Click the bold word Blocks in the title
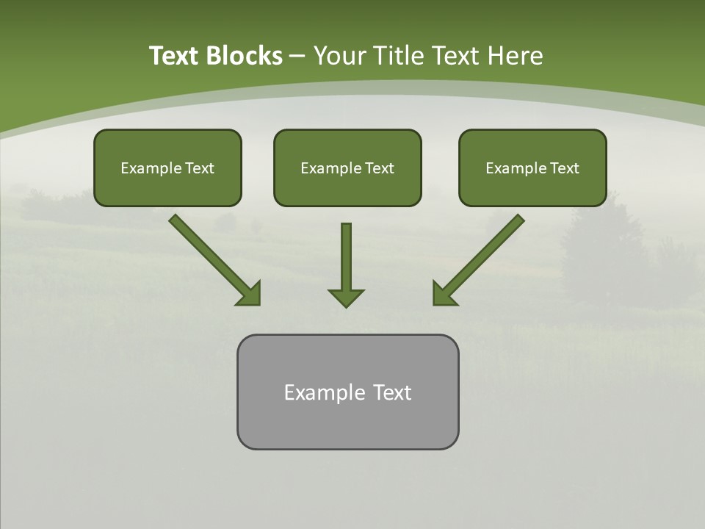(x=244, y=56)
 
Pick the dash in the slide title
(x=297, y=56)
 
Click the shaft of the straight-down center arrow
(x=346, y=253)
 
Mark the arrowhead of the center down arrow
(x=346, y=298)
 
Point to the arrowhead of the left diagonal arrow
(x=250, y=294)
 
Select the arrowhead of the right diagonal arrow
(x=443, y=294)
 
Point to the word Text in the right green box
(x=564, y=168)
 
